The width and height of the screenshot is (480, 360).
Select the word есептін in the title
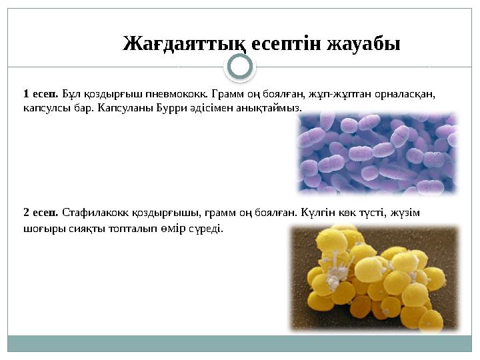click(x=289, y=44)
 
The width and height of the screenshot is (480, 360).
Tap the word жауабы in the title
click(x=365, y=44)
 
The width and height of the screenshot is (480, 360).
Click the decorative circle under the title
click(x=240, y=67)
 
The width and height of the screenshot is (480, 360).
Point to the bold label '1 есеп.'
click(x=41, y=93)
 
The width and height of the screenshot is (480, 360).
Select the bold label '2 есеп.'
click(x=41, y=213)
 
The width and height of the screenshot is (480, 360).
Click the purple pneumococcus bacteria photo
click(x=377, y=153)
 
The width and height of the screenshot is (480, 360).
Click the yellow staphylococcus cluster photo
click(x=374, y=279)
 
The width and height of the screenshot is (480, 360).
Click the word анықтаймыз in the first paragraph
click(x=273, y=107)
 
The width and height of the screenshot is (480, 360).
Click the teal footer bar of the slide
click(x=240, y=343)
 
